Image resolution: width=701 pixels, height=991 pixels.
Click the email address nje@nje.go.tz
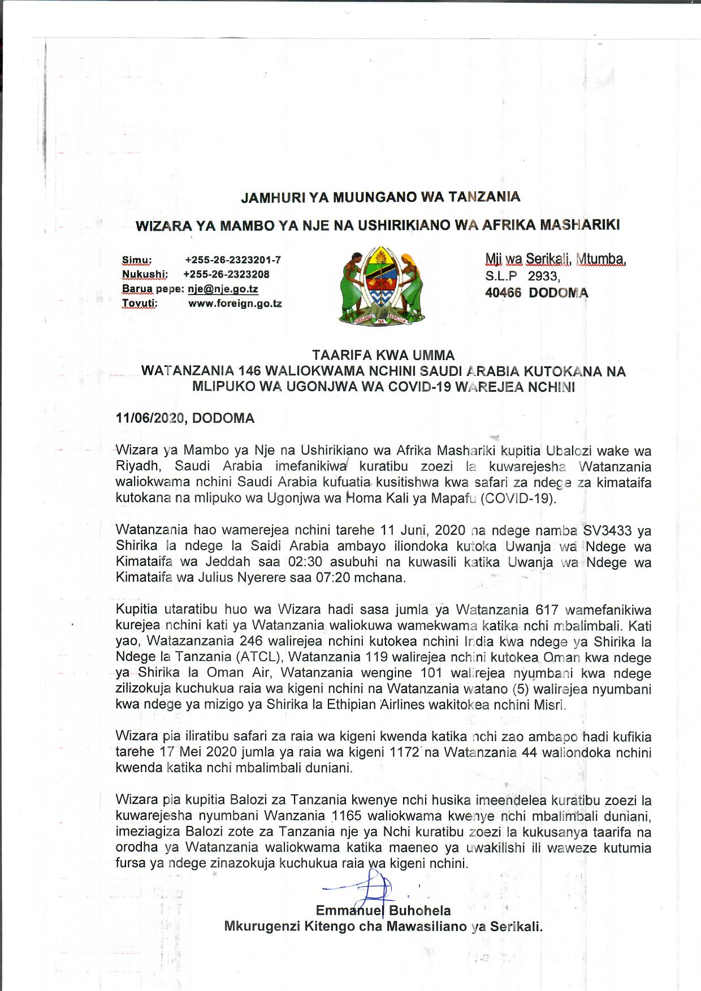(223, 289)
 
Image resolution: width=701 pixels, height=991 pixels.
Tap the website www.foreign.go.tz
(235, 304)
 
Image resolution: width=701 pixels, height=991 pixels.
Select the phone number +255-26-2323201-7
(233, 260)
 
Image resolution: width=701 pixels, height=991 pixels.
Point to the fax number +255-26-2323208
(227, 274)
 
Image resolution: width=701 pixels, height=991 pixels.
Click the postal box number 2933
(543, 276)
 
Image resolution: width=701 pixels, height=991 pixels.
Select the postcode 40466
(503, 293)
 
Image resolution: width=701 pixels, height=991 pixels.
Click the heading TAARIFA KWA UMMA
(383, 356)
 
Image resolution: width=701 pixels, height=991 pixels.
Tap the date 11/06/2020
(150, 418)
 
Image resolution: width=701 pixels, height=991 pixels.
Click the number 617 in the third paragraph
(547, 610)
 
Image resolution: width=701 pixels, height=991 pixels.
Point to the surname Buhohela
(420, 911)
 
